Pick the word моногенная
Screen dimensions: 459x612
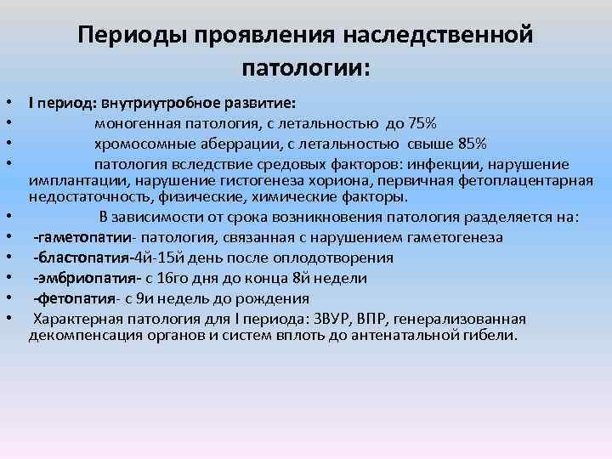133,122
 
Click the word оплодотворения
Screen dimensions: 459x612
332,258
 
